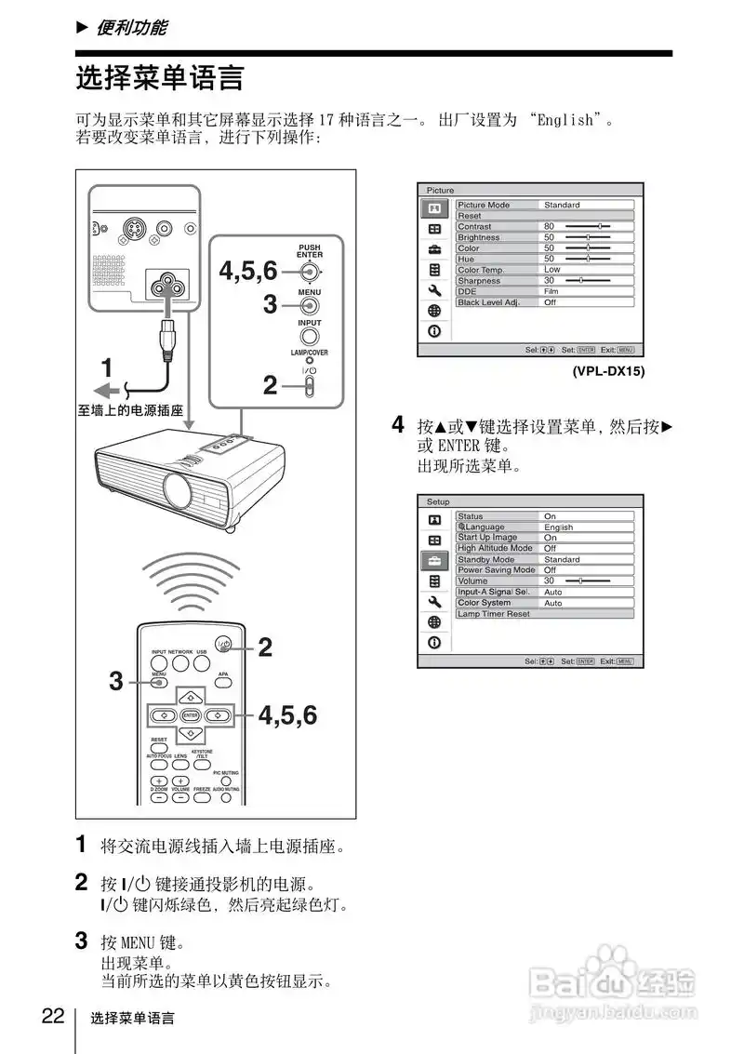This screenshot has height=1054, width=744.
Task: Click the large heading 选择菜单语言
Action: (159, 78)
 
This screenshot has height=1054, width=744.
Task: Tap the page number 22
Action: (53, 1015)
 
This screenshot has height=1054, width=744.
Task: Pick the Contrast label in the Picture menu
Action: (475, 226)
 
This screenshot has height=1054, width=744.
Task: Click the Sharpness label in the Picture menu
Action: (479, 280)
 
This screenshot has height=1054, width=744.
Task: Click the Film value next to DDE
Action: (551, 291)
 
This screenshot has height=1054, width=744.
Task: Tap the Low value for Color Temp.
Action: (552, 270)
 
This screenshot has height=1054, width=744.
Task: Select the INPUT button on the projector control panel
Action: (310, 336)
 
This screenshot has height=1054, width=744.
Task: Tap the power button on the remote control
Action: (223, 643)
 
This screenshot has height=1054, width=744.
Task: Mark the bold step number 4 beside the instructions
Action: (398, 426)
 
